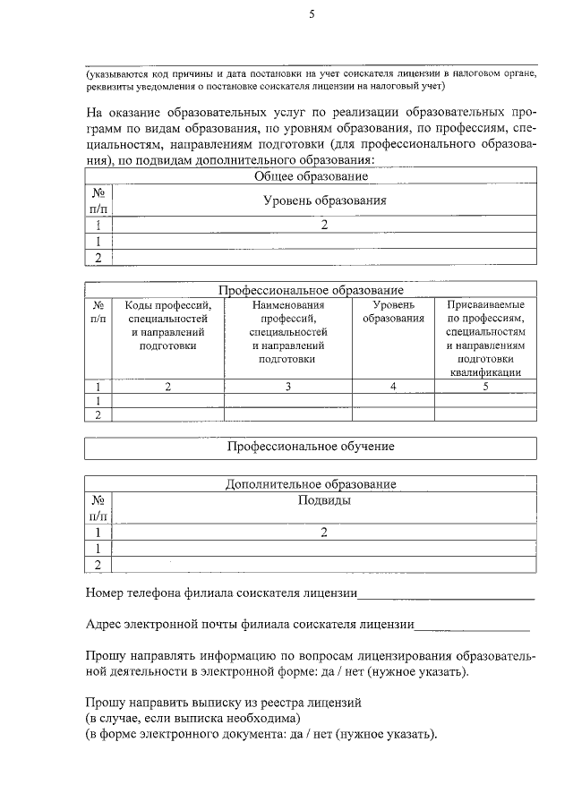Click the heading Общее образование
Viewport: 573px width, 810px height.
pyautogui.click(x=311, y=176)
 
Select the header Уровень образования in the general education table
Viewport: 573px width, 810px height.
pyautogui.click(x=324, y=200)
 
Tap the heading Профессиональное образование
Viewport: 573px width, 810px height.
pyautogui.click(x=311, y=291)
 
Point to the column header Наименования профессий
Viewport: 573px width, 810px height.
pyautogui.click(x=286, y=331)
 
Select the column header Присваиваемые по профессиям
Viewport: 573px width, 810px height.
pyautogui.click(x=485, y=338)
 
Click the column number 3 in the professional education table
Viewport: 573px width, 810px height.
pyautogui.click(x=287, y=387)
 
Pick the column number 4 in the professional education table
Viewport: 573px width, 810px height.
pyautogui.click(x=392, y=387)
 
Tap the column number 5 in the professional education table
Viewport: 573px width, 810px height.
pyautogui.click(x=485, y=387)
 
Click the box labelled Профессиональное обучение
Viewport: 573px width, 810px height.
pyautogui.click(x=311, y=446)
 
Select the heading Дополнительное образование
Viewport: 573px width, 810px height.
pyautogui.click(x=311, y=484)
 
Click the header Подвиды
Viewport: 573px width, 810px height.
pyautogui.click(x=324, y=500)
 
